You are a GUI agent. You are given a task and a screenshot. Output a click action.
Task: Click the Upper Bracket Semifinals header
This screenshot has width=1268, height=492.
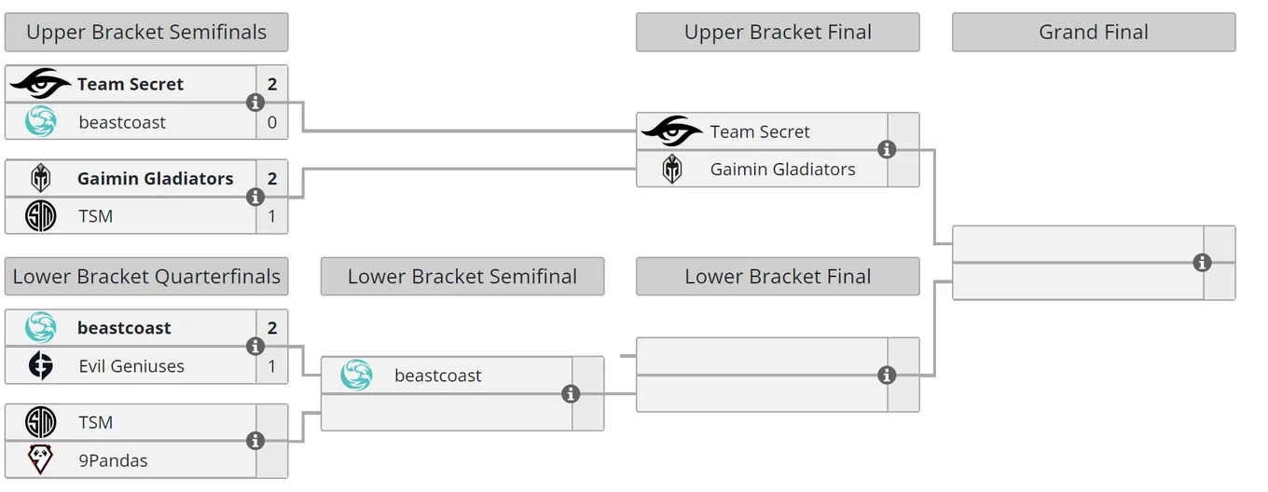coord(146,33)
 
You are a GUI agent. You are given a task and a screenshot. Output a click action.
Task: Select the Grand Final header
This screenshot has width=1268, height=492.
coord(1094,33)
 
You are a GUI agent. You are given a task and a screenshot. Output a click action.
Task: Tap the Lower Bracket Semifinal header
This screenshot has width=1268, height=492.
coord(462,277)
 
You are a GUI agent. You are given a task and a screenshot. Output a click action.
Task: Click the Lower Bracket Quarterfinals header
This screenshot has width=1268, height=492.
coord(146,277)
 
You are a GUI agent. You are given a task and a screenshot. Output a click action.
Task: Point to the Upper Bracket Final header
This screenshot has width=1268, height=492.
coord(778,33)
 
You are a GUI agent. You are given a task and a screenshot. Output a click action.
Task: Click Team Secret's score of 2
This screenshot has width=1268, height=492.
coord(272,84)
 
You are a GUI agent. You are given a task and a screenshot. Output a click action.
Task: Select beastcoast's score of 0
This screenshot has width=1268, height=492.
coord(272,122)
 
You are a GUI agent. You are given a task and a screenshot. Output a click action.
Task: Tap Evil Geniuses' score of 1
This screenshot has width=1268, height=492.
coord(272,366)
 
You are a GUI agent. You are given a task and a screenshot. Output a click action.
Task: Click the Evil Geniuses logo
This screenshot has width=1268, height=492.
coord(41,365)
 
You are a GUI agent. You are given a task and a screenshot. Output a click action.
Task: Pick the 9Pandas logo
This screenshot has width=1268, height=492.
coord(41,459)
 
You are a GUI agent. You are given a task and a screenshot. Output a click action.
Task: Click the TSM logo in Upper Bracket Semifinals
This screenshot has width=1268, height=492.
coord(41,215)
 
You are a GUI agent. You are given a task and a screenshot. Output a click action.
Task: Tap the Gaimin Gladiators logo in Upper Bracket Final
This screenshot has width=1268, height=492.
coord(672,169)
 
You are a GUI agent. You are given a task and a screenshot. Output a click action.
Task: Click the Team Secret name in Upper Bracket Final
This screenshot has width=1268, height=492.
coord(760,131)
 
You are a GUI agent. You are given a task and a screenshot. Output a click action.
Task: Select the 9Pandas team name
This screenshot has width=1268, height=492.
coord(113,460)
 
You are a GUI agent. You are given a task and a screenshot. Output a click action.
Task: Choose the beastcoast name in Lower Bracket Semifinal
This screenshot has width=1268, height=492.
coord(438,376)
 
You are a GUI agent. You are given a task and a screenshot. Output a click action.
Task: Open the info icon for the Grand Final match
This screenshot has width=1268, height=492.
coord(1203,263)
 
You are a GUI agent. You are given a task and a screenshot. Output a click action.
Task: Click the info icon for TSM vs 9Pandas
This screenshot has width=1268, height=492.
coord(255,441)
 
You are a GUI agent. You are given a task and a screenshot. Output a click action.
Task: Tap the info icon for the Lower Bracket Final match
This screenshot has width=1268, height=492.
coord(887,375)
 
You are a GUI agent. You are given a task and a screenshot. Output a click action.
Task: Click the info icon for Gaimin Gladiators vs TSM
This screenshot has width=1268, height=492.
coord(255,197)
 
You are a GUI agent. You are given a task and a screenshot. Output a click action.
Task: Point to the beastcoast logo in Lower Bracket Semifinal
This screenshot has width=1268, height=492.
coord(356,375)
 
